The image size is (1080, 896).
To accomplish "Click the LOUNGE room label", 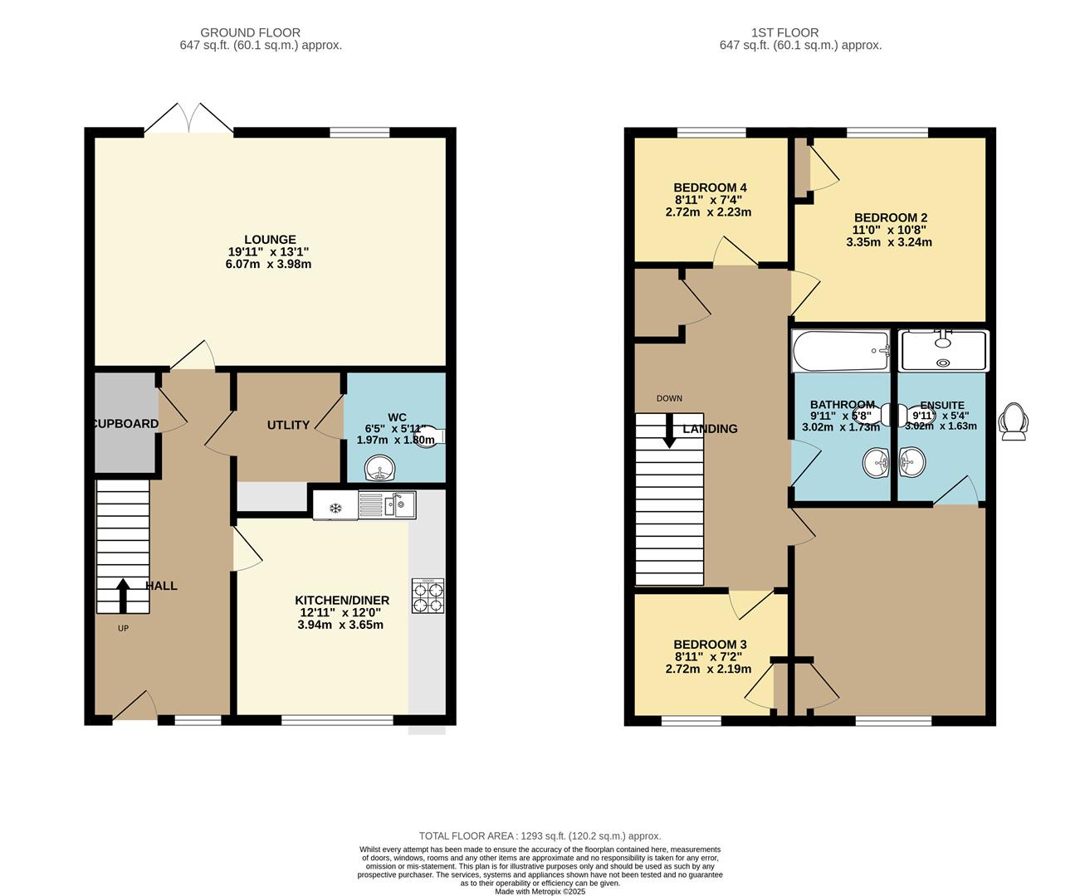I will (x=270, y=240).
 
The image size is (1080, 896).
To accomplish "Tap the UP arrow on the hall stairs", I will (x=123, y=594).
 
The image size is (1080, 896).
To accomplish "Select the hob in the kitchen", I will (x=428, y=596).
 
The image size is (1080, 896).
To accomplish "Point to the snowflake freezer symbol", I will (x=335, y=507).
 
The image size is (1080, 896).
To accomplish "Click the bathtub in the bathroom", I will (x=840, y=351).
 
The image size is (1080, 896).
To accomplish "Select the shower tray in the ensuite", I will (x=944, y=351).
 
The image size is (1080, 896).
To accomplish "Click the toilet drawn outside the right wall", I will (x=1014, y=421).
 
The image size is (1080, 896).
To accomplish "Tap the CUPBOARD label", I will (x=125, y=424).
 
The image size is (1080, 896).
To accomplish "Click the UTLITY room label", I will (x=288, y=425).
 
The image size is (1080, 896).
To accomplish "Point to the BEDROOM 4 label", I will (x=710, y=187).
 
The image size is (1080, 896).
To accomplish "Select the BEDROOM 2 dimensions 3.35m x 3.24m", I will (x=889, y=242).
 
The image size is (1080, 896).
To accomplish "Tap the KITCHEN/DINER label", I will (x=342, y=600).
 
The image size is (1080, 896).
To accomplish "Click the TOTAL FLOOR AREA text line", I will (x=540, y=836).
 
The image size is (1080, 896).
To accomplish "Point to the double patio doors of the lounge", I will (x=188, y=119).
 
